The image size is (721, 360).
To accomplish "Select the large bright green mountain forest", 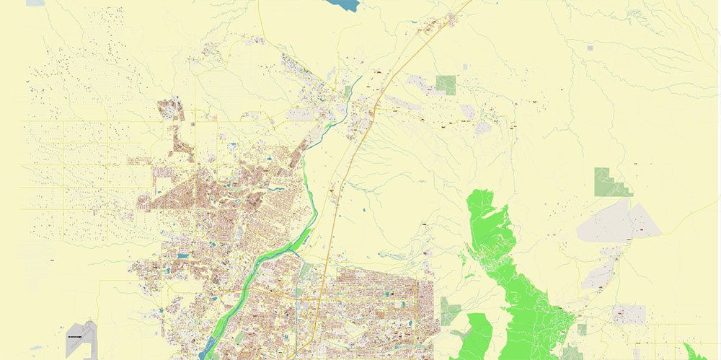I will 512,274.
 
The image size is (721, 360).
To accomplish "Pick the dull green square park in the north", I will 446,84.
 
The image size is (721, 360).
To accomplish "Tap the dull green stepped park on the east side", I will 611,183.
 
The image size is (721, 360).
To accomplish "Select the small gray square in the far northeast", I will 590,48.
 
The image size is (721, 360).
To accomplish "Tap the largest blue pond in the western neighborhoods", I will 182,255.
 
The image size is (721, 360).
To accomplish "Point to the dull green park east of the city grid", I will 451,310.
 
